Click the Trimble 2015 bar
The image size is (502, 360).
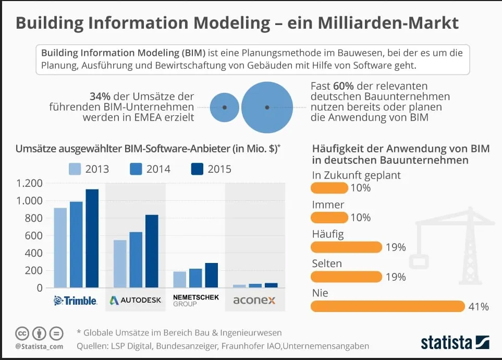click(x=92, y=238)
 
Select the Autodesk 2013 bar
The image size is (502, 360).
click(x=120, y=263)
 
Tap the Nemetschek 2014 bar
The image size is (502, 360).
click(x=195, y=278)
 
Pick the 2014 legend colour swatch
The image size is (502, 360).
click(x=137, y=169)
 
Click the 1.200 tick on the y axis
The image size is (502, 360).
click(x=29, y=184)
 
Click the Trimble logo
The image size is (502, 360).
click(x=76, y=301)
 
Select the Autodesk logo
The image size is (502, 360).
click(x=136, y=301)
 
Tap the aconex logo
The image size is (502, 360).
click(x=254, y=301)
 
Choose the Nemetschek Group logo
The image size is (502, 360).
click(x=195, y=301)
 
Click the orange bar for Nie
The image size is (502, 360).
click(x=387, y=306)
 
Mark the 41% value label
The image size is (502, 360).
click(x=479, y=307)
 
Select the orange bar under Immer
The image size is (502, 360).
click(x=329, y=217)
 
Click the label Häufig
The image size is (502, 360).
click(x=327, y=234)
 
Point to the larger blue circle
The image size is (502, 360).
click(x=267, y=107)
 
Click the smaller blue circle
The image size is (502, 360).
click(x=224, y=107)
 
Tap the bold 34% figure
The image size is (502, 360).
click(x=100, y=97)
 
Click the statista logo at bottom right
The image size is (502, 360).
click(x=455, y=343)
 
